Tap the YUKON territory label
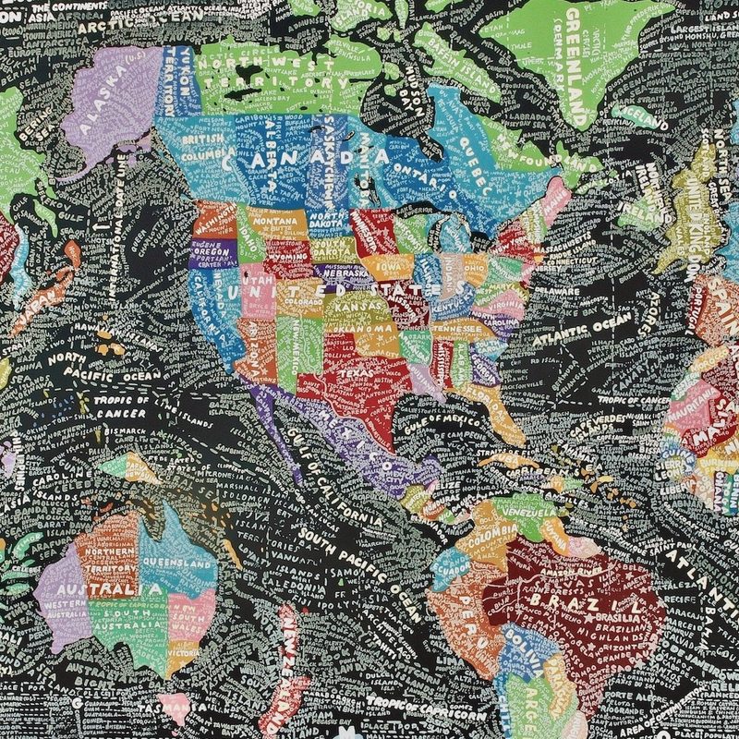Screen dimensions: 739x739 (176, 69)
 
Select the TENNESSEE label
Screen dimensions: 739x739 (452, 328)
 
